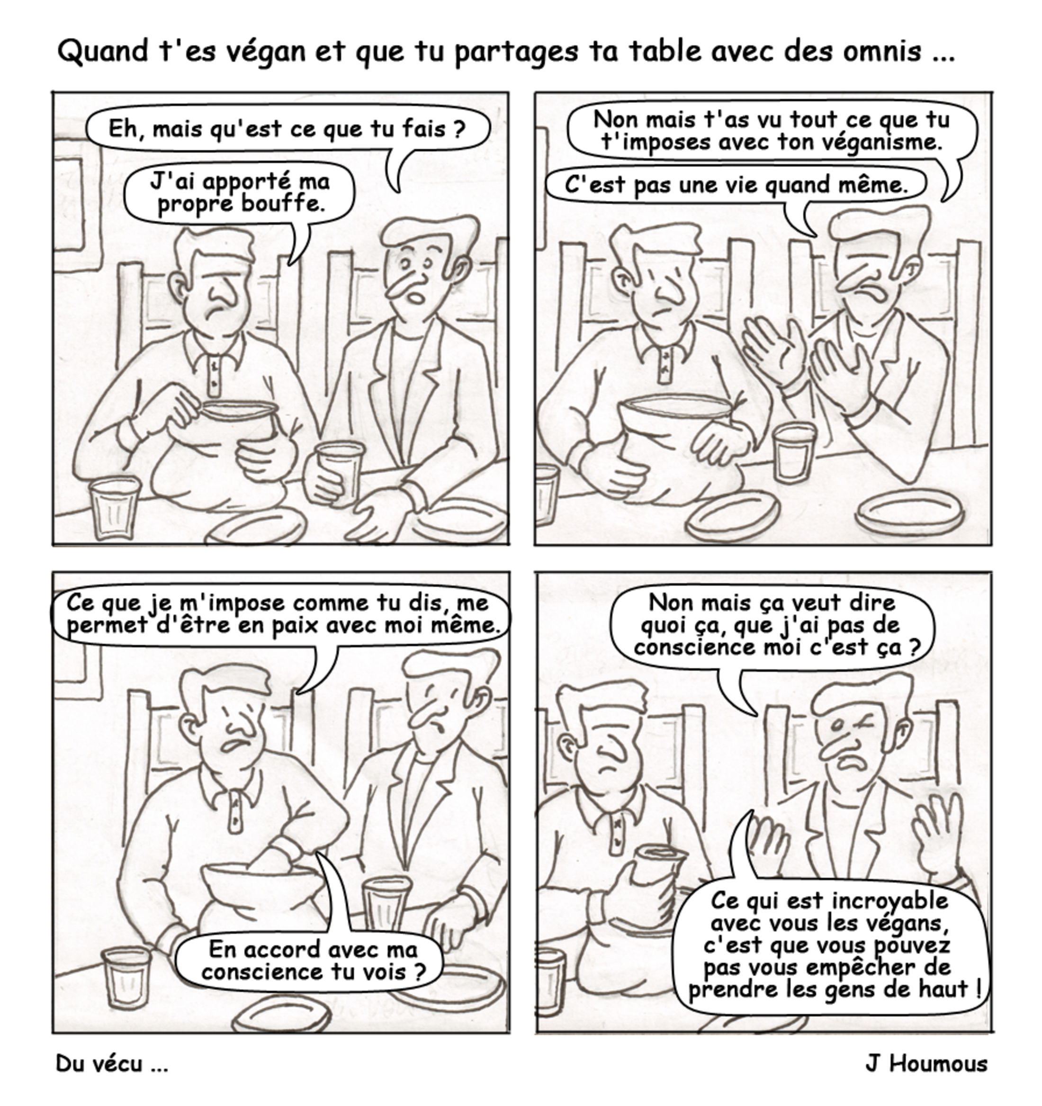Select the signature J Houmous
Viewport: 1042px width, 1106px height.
[x=926, y=1064]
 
